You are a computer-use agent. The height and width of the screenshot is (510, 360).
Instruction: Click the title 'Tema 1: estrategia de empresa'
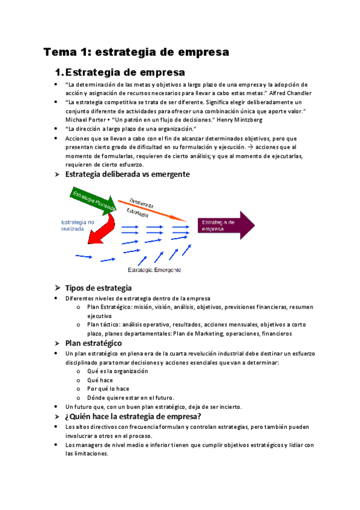coord(136,52)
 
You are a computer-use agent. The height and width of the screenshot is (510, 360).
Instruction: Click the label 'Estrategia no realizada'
coord(78,226)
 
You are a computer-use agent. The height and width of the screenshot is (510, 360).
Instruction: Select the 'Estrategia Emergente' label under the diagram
coord(154,270)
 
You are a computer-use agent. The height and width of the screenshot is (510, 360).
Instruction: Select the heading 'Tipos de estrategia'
coord(98,287)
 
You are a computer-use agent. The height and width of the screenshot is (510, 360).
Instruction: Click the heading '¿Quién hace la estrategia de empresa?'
coord(132,416)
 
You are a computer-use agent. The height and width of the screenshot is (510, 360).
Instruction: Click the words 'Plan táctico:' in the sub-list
coord(105,325)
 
